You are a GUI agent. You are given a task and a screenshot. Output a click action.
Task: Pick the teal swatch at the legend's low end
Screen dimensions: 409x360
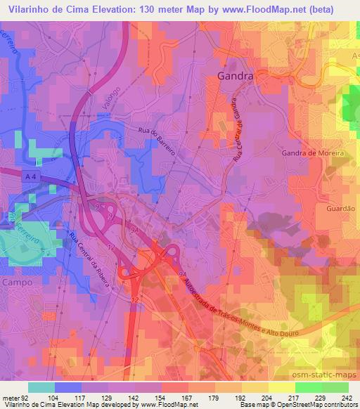coord(41,387)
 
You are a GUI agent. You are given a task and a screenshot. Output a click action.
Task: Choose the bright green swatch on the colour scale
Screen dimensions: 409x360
coord(308,387)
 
